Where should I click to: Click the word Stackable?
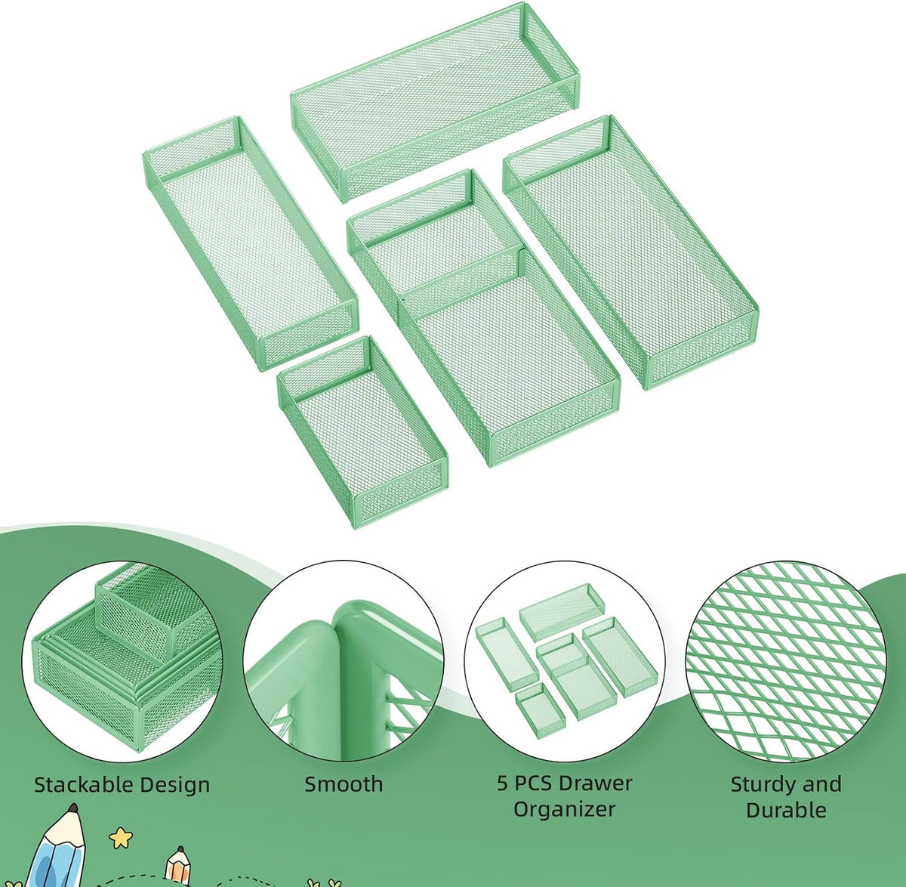[x=84, y=785]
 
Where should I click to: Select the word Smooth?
[x=344, y=784]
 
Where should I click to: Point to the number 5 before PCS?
[x=502, y=783]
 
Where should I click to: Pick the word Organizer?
[x=564, y=810]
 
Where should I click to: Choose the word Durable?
[x=786, y=810]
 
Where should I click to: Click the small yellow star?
[x=121, y=838]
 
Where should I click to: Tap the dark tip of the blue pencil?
[x=73, y=808]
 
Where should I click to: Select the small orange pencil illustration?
[x=178, y=867]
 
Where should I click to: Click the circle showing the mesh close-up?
[x=786, y=662]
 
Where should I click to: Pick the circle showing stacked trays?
[x=122, y=662]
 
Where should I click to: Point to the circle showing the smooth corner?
[x=343, y=662]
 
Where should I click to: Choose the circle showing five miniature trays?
[x=564, y=662]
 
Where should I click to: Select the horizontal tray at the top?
[x=435, y=102]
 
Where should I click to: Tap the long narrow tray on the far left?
[x=251, y=243]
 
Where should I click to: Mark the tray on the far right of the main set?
[x=631, y=252]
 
